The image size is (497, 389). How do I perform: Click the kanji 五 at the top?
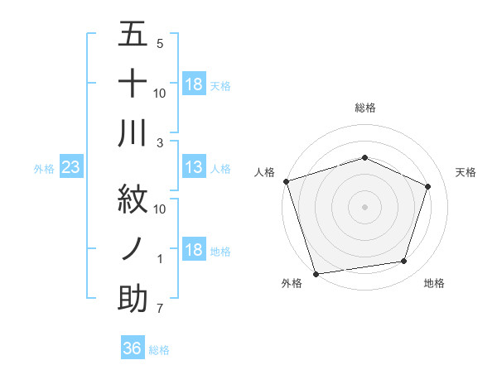[133, 36]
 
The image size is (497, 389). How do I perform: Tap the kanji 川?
[133, 134]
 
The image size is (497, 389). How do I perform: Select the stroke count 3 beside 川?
[159, 142]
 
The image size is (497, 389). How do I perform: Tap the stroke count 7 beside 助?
[159, 310]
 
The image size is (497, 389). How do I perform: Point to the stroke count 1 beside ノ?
[159, 259]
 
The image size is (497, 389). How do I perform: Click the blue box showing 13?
[193, 168]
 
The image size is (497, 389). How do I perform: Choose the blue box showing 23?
[70, 168]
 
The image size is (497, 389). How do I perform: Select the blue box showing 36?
[132, 348]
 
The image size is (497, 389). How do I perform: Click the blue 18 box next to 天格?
[193, 84]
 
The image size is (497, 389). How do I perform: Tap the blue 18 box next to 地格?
[193, 251]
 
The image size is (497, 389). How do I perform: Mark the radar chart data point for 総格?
[364, 157]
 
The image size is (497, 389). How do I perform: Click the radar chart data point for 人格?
[286, 181]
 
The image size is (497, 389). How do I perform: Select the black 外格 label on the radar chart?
[292, 284]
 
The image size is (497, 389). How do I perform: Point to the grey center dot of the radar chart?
[364, 206]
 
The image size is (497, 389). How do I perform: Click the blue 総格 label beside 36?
[159, 350]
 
